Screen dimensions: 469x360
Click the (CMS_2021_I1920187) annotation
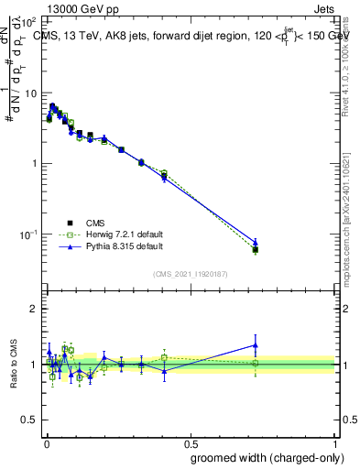(191, 273)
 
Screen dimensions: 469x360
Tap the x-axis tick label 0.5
(191, 442)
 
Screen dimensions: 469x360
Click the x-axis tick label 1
(336, 442)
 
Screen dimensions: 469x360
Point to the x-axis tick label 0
(46, 442)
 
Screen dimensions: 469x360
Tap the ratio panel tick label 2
(34, 309)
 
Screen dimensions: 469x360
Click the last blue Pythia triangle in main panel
(256, 243)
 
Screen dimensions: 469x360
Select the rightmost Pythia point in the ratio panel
(256, 344)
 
